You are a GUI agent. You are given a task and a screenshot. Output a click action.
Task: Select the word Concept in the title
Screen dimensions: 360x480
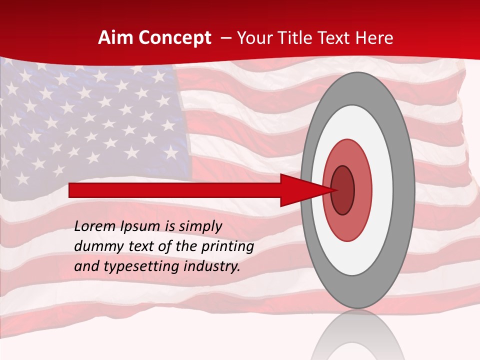[x=174, y=38]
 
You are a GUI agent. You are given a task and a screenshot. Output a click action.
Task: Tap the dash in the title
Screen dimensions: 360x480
[x=225, y=38]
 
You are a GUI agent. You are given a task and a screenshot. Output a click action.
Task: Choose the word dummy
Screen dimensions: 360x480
[x=95, y=246]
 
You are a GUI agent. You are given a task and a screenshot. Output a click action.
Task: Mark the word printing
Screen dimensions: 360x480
[x=227, y=247]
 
